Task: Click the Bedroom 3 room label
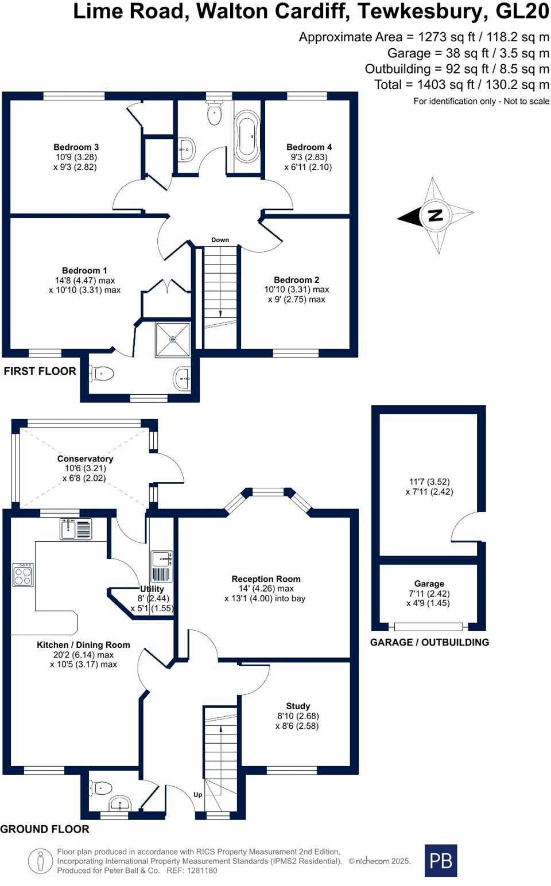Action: [76, 147]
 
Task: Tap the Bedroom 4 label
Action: [309, 147]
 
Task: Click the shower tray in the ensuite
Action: [173, 340]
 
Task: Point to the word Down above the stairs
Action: [220, 240]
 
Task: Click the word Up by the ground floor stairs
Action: [197, 795]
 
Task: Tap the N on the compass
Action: [435, 216]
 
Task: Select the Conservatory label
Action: [85, 458]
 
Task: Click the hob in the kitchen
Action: [23, 574]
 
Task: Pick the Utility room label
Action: [152, 589]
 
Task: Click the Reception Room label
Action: [266, 579]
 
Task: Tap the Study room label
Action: [298, 706]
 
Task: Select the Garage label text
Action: [429, 584]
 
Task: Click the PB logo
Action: [441, 860]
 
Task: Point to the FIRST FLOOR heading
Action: [40, 371]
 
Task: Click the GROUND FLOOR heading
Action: [45, 829]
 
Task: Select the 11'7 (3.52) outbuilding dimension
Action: [429, 482]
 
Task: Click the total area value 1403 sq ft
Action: [445, 85]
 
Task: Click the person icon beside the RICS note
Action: [40, 861]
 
